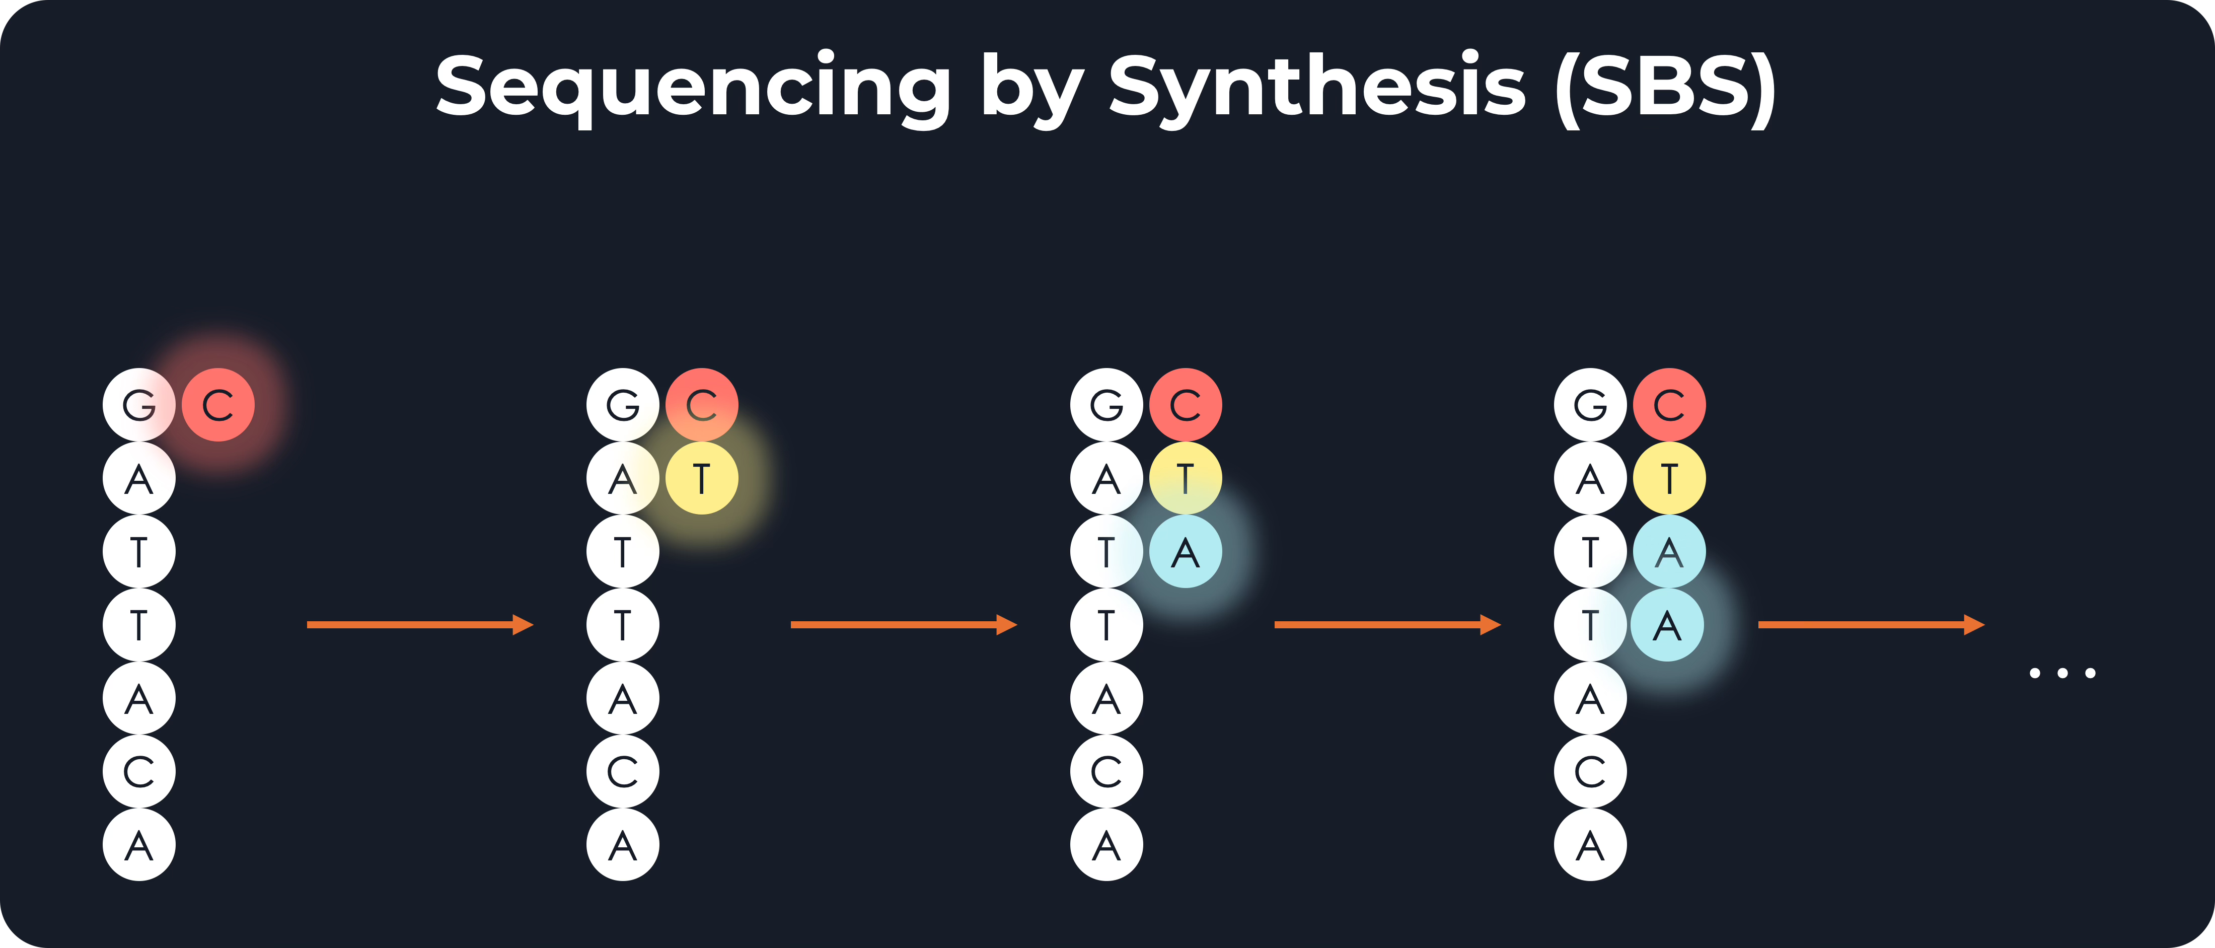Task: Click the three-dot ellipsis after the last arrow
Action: click(2062, 673)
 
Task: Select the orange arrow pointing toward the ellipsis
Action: click(1870, 625)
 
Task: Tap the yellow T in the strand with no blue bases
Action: click(702, 478)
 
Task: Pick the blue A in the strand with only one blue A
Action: click(1186, 551)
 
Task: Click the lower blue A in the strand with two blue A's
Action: click(1667, 625)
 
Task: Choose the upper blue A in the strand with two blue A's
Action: click(1669, 551)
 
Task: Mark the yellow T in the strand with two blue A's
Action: click(1669, 478)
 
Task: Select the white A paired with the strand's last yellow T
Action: click(1590, 478)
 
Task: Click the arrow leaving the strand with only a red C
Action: click(420, 625)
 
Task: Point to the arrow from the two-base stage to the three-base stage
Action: click(903, 625)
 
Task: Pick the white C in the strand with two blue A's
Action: click(1590, 772)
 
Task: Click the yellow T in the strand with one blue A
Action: click(1186, 478)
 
